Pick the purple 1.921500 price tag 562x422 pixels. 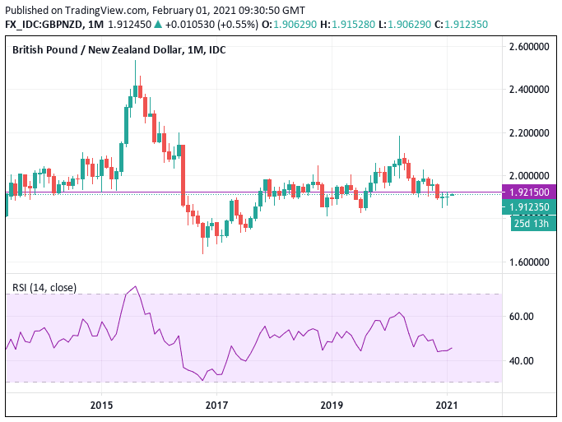point(530,192)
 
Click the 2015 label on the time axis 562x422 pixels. point(101,405)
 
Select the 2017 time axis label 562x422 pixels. point(216,405)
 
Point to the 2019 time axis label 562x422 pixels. point(332,405)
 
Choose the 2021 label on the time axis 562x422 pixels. point(447,405)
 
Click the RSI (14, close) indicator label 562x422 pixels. point(44,287)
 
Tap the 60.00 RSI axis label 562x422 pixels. point(523,316)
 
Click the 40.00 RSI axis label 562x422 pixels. point(523,360)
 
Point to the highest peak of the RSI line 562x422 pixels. point(135,287)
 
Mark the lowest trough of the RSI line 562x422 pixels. point(203,380)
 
